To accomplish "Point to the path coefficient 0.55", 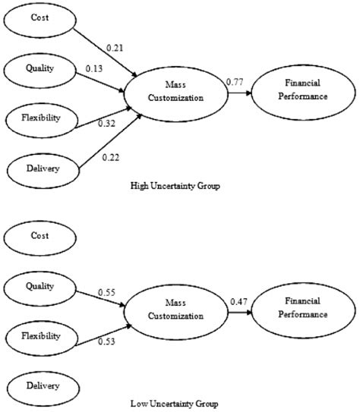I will (108, 291).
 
